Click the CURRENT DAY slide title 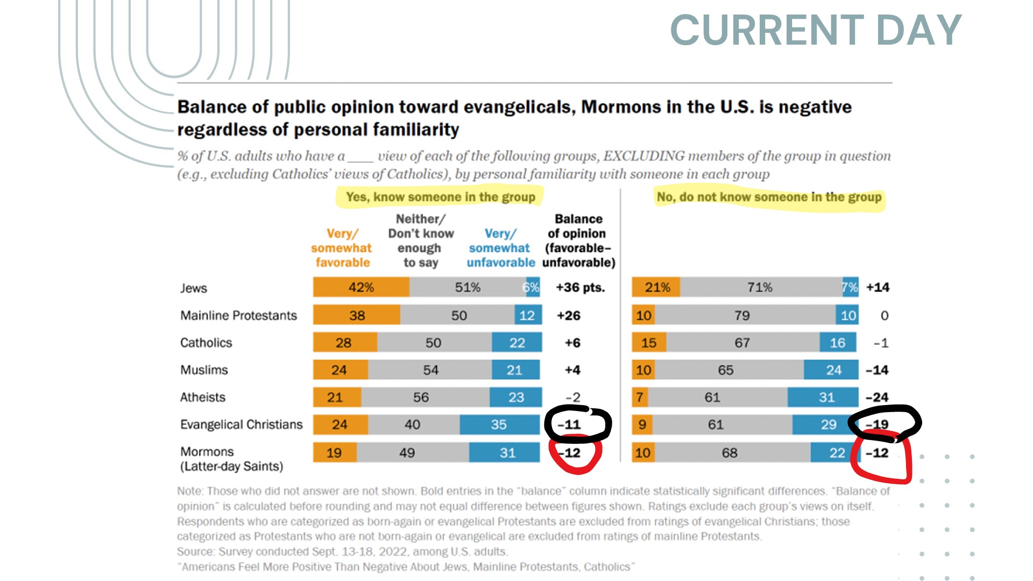[815, 30]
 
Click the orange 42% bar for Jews [361, 287]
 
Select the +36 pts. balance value [580, 287]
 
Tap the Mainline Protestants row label [238, 315]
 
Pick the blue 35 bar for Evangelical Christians [499, 424]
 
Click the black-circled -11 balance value [570, 424]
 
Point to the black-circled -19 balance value [878, 424]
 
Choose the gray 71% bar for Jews [760, 287]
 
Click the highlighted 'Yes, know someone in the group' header [440, 197]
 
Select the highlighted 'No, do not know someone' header [769, 197]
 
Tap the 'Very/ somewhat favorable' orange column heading [342, 248]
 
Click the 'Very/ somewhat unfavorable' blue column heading [500, 248]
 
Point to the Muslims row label [204, 370]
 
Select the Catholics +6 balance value [572, 343]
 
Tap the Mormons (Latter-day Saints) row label [231, 459]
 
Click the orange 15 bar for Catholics [649, 343]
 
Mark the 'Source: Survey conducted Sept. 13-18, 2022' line [342, 551]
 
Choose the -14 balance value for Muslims [877, 370]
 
